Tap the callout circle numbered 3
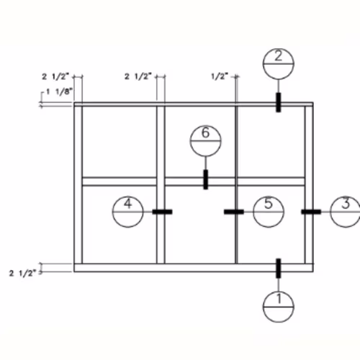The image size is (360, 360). click(x=330, y=212)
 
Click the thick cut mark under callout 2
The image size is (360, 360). click(x=279, y=102)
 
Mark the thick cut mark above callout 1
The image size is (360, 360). click(x=279, y=269)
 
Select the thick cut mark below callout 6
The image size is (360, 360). click(x=206, y=179)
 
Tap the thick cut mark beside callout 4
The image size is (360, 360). click(x=162, y=212)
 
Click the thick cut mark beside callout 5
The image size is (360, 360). click(x=234, y=212)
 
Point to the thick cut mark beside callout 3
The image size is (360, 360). click(x=311, y=212)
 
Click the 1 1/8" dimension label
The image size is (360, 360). click(x=59, y=91)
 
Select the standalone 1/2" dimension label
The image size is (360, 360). click(x=219, y=76)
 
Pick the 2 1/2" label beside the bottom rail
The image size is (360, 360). click(x=22, y=274)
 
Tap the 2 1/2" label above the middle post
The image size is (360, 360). click(x=138, y=76)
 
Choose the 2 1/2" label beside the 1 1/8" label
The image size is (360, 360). click(x=55, y=77)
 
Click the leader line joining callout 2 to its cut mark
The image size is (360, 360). click(x=279, y=86)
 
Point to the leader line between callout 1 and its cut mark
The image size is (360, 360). click(x=279, y=284)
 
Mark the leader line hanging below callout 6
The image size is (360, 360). click(x=205, y=163)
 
